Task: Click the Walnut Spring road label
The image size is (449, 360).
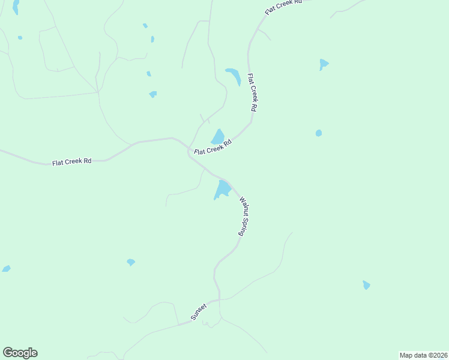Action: [x=244, y=216]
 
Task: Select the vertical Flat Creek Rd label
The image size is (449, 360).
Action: [x=252, y=92]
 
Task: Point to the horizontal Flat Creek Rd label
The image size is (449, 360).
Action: [x=71, y=162]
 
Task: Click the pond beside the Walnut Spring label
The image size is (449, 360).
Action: [x=222, y=190]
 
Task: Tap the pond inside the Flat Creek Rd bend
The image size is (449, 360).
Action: [x=217, y=136]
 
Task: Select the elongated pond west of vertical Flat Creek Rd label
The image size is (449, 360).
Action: [x=234, y=76]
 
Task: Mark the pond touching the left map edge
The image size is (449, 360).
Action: [x=6, y=268]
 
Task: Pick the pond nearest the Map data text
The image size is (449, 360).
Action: [x=366, y=285]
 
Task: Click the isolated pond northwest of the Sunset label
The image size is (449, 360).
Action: [x=131, y=262]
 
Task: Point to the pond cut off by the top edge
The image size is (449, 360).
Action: [x=16, y=7]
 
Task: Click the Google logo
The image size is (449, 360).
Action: [x=20, y=353]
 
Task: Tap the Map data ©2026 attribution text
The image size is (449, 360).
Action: [x=423, y=355]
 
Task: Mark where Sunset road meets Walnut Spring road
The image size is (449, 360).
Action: [x=217, y=299]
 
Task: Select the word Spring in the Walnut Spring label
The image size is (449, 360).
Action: [x=246, y=226]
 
